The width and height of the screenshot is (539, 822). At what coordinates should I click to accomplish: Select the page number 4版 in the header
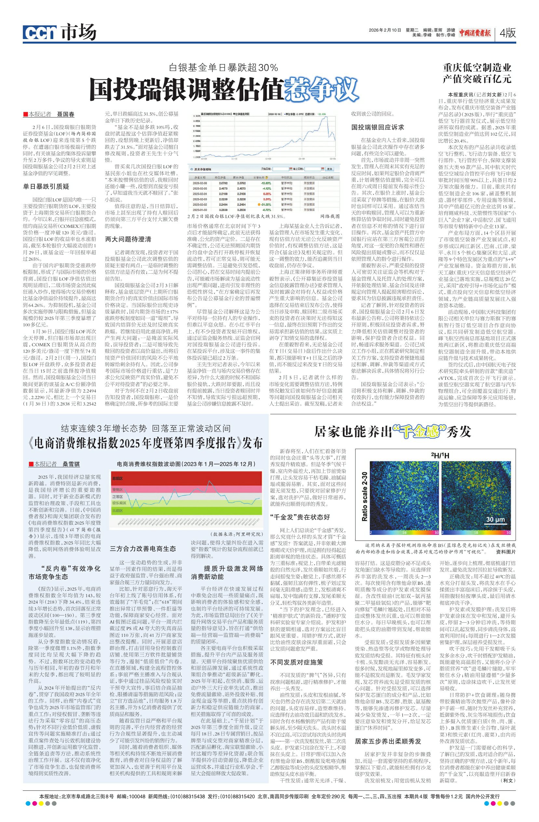pyautogui.click(x=507, y=33)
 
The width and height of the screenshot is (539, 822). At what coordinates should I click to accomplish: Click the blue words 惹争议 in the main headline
pyautogui.click(x=320, y=89)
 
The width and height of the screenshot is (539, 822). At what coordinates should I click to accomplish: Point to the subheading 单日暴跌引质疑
pyautogui.click(x=46, y=186)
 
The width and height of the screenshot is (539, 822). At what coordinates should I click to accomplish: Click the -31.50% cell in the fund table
pyautogui.click(x=267, y=204)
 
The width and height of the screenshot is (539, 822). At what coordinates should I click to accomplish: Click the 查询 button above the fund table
pyautogui.click(x=329, y=169)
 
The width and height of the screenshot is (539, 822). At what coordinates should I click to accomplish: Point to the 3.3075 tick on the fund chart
pyautogui.click(x=197, y=116)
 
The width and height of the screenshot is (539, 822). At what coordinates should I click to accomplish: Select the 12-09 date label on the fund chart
pyautogui.click(x=268, y=159)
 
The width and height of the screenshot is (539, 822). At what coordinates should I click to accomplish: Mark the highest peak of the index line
pyautogui.click(x=209, y=481)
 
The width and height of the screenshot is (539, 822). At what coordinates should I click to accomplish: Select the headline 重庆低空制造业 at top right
pyautogui.click(x=477, y=67)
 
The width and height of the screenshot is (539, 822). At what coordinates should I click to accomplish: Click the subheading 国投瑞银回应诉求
pyautogui.click(x=377, y=127)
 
